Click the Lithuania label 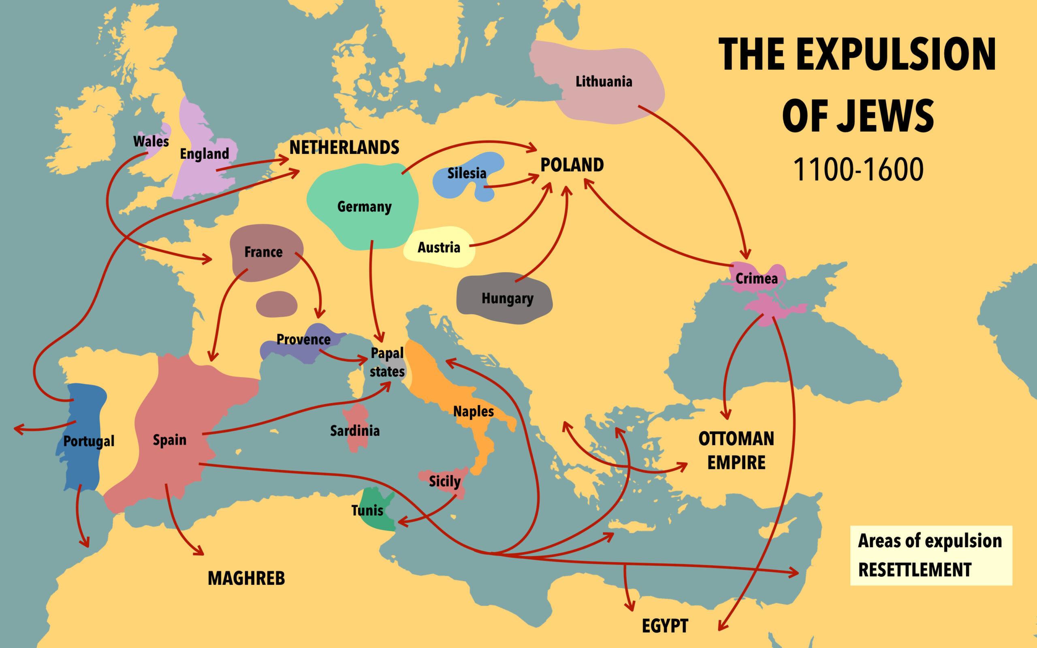(603, 81)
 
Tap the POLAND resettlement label (572, 165)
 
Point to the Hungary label (507, 298)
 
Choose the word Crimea (756, 279)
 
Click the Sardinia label (355, 431)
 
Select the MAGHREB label (246, 579)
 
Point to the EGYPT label (665, 626)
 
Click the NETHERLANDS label (344, 147)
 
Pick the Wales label (151, 141)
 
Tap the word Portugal (89, 441)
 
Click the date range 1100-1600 (858, 170)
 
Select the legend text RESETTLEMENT (914, 570)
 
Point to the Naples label (474, 411)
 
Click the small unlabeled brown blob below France (276, 304)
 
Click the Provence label (303, 339)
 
